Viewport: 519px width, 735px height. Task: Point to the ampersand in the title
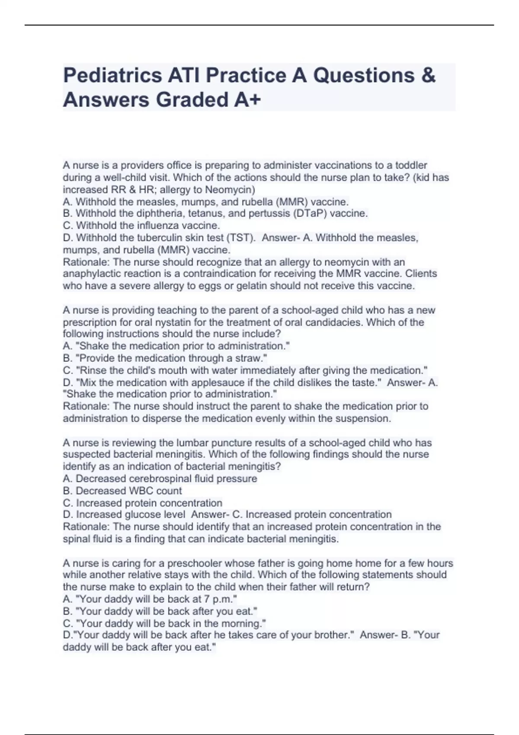point(427,76)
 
